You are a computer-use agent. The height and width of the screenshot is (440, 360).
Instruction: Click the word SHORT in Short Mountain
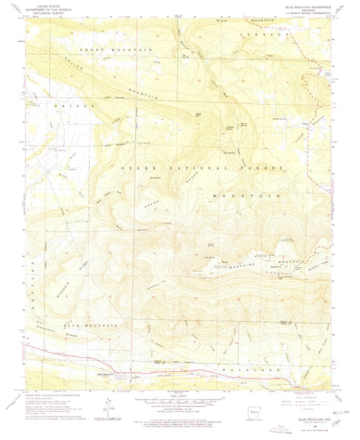pos(90,50)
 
